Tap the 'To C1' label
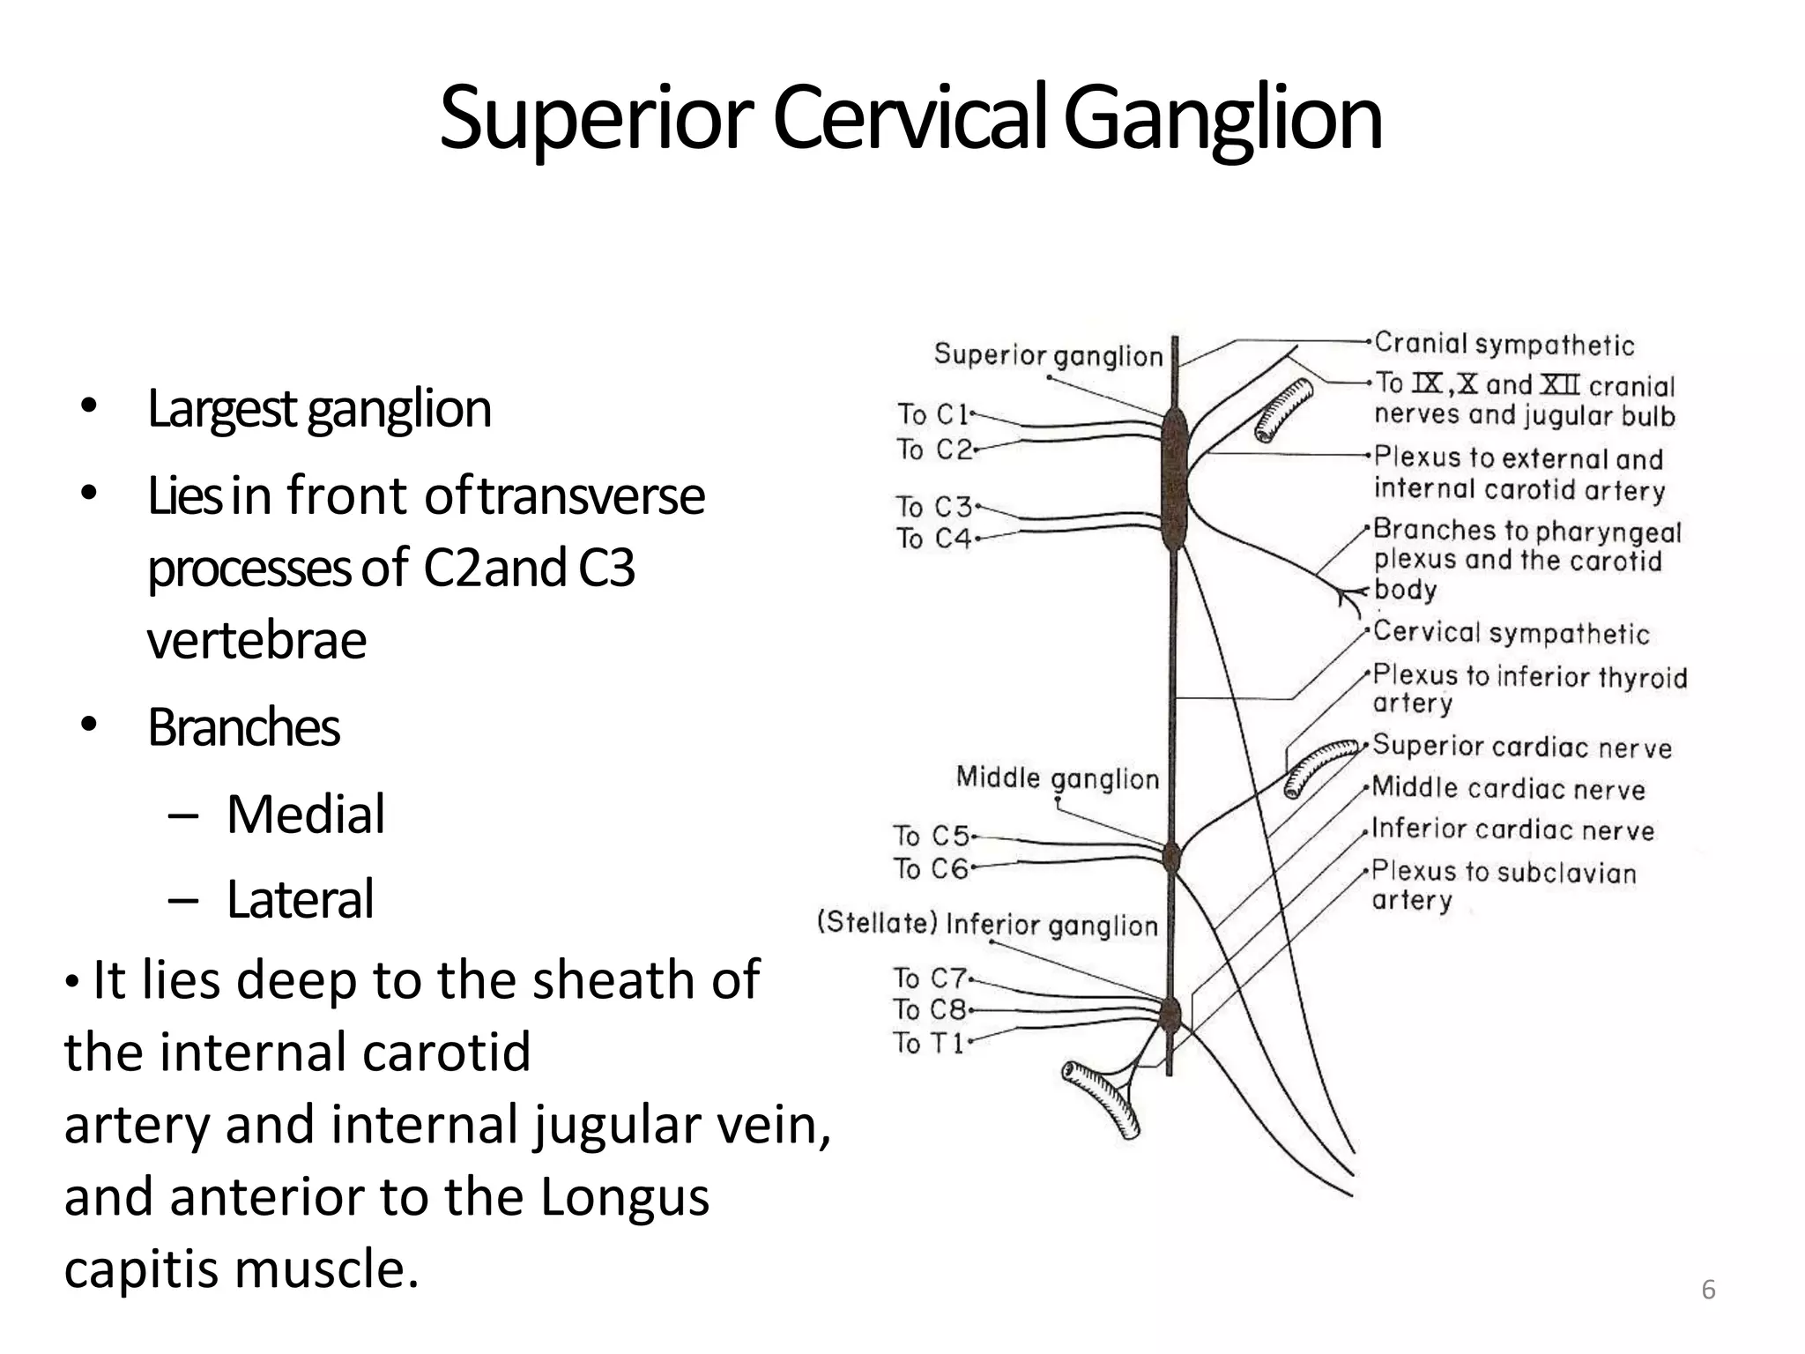tap(932, 413)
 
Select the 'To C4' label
tap(932, 538)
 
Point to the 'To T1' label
tap(928, 1043)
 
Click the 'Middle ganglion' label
tap(1057, 778)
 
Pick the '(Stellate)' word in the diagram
tap(877, 923)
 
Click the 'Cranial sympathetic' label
tap(1504, 344)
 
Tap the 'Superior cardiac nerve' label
tap(1521, 747)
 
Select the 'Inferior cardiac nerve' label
tap(1512, 830)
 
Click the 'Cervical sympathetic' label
tap(1511, 632)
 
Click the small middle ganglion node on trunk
tap(1171, 854)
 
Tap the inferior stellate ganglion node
tap(1170, 1015)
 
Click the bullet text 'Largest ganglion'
tap(318, 409)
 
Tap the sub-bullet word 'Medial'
tap(305, 814)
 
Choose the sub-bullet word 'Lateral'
tap(300, 899)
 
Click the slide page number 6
tap(1707, 1290)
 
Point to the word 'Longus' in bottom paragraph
tap(624, 1197)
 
